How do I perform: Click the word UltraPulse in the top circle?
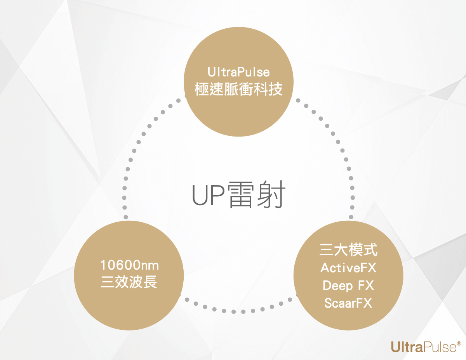238,73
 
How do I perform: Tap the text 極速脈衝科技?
238,90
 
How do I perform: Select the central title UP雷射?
239,195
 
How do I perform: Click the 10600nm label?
129,266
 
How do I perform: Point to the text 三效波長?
129,282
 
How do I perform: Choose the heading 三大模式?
348,250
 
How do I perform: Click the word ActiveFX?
348,268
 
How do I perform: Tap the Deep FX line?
348,286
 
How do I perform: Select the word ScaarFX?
348,303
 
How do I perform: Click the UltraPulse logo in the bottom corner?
426,346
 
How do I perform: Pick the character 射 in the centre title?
272,195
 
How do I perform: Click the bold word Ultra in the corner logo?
407,346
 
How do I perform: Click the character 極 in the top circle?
202,90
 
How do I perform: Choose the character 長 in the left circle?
151,282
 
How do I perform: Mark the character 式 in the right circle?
370,250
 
